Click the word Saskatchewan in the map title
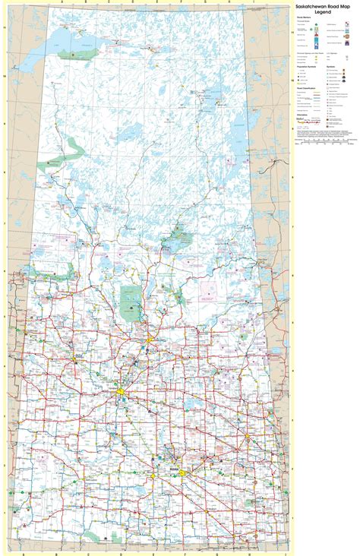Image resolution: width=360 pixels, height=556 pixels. [x=314, y=8]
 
